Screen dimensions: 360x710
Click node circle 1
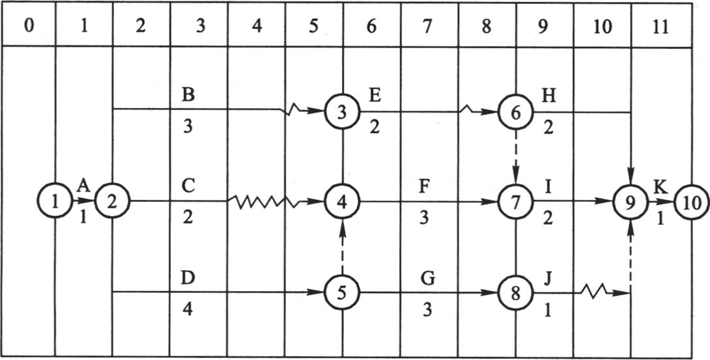pyautogui.click(x=55, y=201)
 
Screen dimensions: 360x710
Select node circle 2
pyautogui.click(x=113, y=201)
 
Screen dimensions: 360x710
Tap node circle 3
pyautogui.click(x=343, y=112)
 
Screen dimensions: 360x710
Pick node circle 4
pyautogui.click(x=343, y=201)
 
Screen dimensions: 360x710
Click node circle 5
pyautogui.click(x=343, y=292)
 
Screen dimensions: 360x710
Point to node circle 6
pyautogui.click(x=516, y=112)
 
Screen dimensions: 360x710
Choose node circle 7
pyautogui.click(x=516, y=201)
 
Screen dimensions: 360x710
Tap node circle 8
pyautogui.click(x=516, y=292)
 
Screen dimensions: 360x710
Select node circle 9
pyautogui.click(x=630, y=201)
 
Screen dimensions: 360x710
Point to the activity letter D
pyautogui.click(x=188, y=279)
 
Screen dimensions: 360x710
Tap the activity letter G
pyautogui.click(x=427, y=279)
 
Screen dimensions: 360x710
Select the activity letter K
pyautogui.click(x=660, y=187)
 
